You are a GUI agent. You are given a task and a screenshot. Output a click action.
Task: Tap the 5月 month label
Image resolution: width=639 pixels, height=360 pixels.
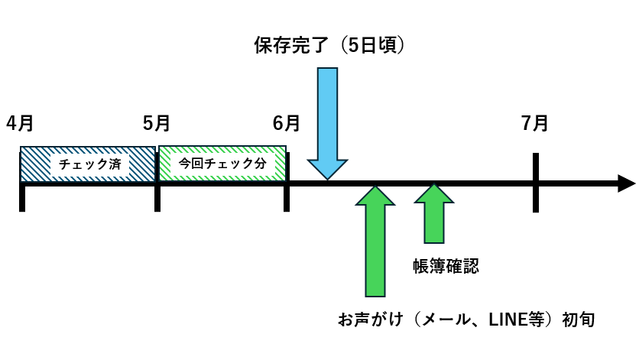click(157, 122)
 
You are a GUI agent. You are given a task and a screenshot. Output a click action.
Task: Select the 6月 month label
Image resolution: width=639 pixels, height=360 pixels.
click(287, 122)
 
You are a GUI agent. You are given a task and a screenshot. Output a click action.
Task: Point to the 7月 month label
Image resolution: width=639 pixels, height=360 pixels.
click(535, 122)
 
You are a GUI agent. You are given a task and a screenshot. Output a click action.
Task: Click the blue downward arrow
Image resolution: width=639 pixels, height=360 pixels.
click(327, 122)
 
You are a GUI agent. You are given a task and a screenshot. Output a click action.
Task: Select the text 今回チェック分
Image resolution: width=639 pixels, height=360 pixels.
click(222, 164)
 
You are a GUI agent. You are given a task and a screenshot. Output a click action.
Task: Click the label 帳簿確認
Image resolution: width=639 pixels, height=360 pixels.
click(445, 265)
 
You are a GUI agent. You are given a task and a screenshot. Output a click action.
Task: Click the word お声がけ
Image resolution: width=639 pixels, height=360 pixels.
click(368, 317)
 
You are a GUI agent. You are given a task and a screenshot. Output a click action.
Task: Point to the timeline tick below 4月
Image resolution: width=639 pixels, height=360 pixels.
click(23, 195)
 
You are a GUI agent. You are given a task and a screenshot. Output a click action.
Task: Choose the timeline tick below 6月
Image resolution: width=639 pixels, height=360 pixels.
click(287, 195)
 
